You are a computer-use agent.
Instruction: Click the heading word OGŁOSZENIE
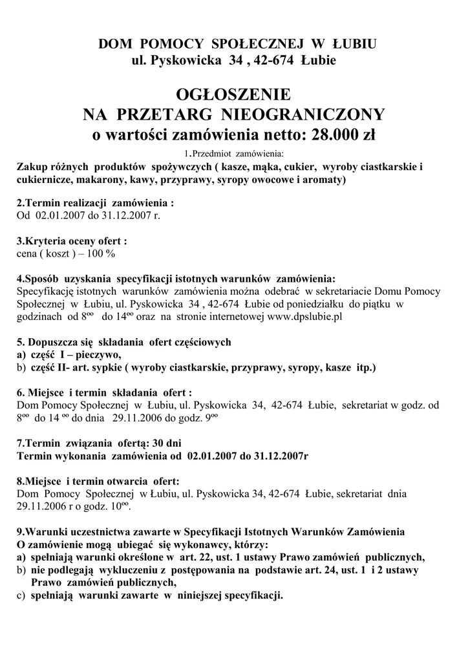[233, 94]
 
